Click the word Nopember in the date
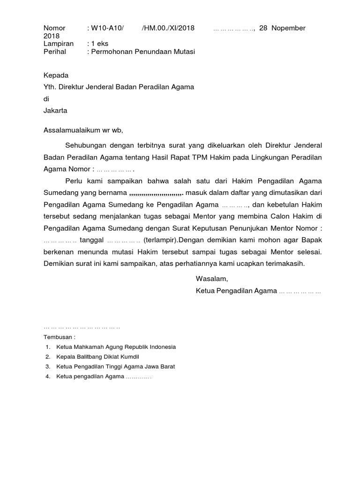[288, 28]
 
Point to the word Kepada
[56, 75]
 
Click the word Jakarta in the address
[55, 111]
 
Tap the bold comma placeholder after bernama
[156, 193]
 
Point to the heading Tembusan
[59, 337]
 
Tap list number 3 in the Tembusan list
[48, 367]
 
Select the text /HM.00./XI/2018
[168, 28]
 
